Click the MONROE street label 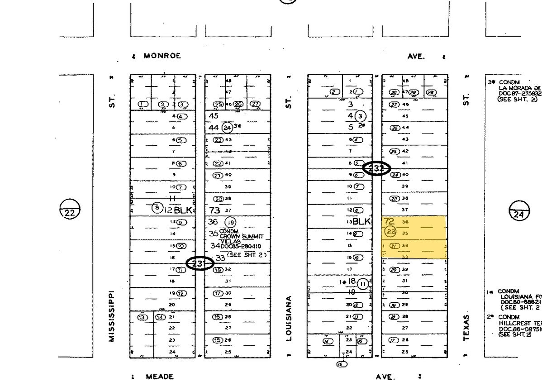point(162,56)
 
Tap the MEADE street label point(159,376)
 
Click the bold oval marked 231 point(200,263)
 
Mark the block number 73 point(214,210)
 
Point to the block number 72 point(389,222)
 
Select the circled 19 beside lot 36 point(231,222)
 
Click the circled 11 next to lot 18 point(363,284)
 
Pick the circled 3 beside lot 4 point(361,115)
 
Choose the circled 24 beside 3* point(228,127)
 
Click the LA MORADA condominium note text point(519,88)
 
